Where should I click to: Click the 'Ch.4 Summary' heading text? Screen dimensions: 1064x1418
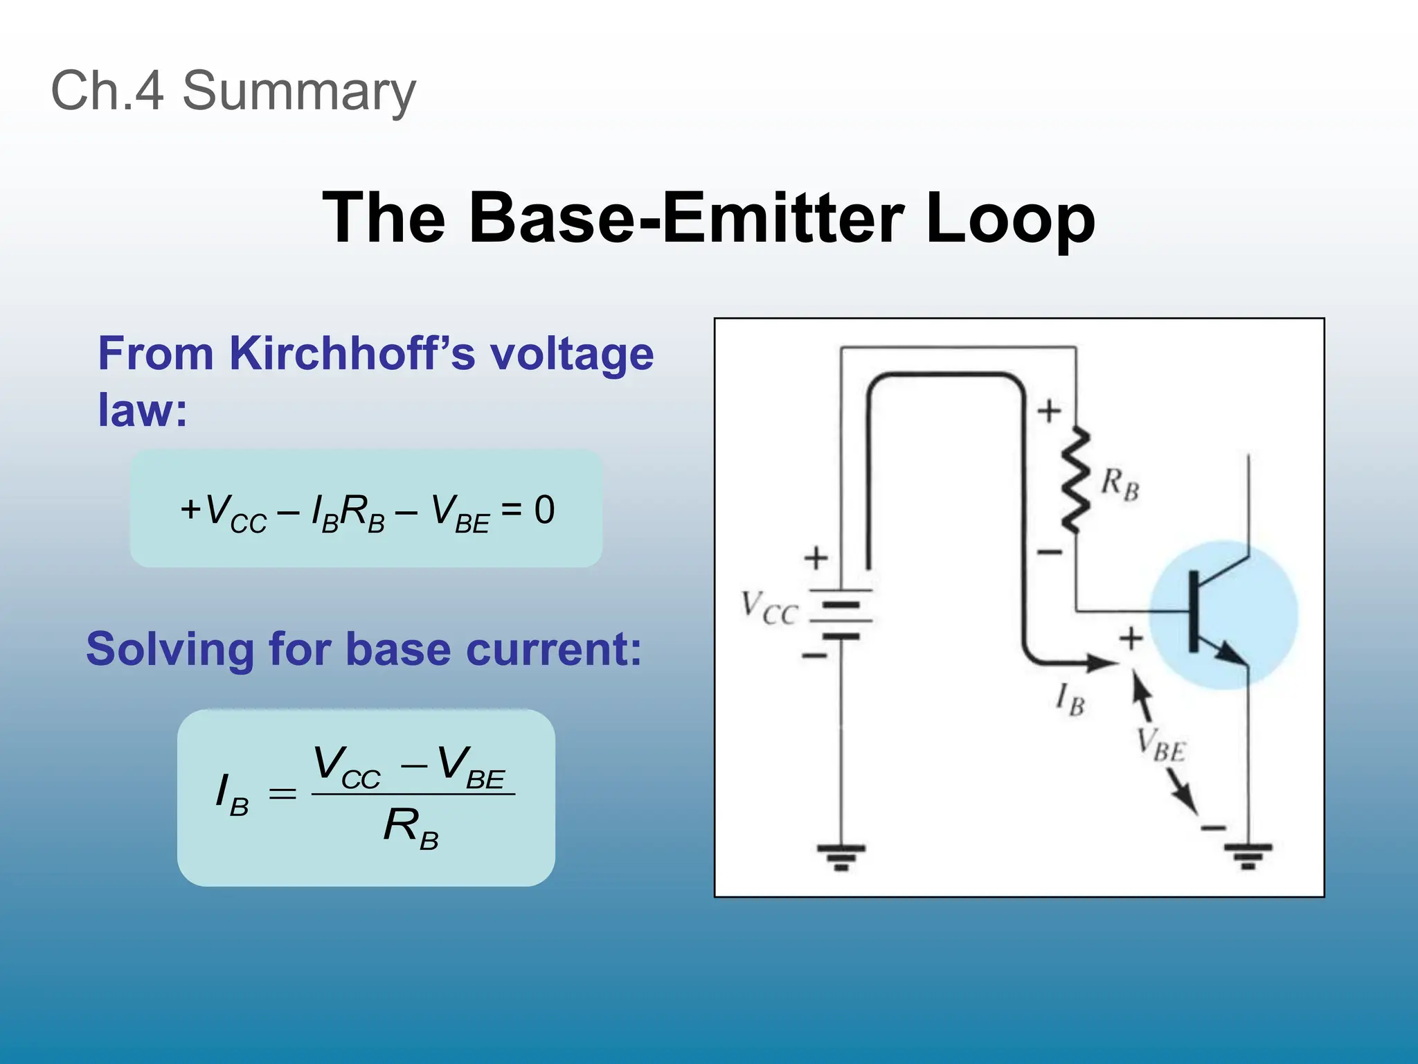(x=233, y=91)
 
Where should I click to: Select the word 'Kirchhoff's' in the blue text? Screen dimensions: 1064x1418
(x=352, y=354)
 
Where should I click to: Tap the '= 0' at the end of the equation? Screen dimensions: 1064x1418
(x=528, y=511)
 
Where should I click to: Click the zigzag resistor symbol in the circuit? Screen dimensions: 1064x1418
(x=1075, y=480)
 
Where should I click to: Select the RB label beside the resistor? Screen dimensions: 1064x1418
(x=1120, y=483)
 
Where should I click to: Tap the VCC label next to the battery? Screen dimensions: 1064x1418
(x=769, y=608)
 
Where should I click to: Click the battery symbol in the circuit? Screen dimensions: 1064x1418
(x=841, y=613)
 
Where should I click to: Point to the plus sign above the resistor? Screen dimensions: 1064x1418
(x=1049, y=411)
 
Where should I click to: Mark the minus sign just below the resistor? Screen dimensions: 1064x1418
(x=1049, y=552)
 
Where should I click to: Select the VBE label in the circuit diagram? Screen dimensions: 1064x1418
(x=1161, y=745)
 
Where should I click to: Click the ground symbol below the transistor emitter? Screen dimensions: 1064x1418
(x=1248, y=856)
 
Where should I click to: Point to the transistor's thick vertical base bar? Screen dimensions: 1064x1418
(x=1194, y=612)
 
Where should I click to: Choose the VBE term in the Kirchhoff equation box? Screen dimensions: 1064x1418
(x=460, y=513)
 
